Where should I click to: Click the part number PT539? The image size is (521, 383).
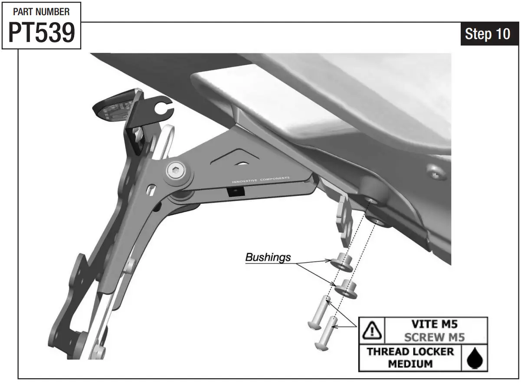pos(42,33)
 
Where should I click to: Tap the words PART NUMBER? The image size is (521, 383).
pos(42,12)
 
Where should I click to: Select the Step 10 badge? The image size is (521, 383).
pos(488,34)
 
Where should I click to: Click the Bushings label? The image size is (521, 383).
pos(268,257)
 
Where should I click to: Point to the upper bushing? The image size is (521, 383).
pos(341,262)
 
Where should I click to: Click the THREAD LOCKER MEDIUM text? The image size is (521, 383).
pos(410,357)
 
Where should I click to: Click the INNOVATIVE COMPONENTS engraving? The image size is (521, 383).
pos(261,180)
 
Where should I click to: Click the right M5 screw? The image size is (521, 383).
pos(329,330)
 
